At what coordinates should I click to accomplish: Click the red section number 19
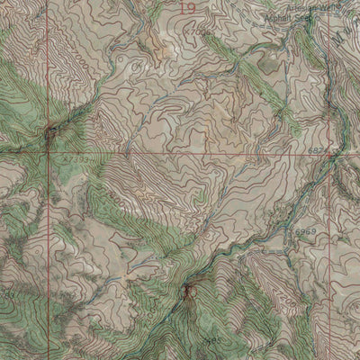click(187, 9)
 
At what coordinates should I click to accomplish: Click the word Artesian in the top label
click(283, 6)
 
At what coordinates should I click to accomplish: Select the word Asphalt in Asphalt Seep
click(282, 16)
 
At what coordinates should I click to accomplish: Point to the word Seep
click(310, 16)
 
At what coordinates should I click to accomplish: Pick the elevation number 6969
click(306, 232)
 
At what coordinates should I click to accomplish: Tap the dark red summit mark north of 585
click(188, 291)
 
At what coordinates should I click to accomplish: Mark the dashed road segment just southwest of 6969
click(286, 241)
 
